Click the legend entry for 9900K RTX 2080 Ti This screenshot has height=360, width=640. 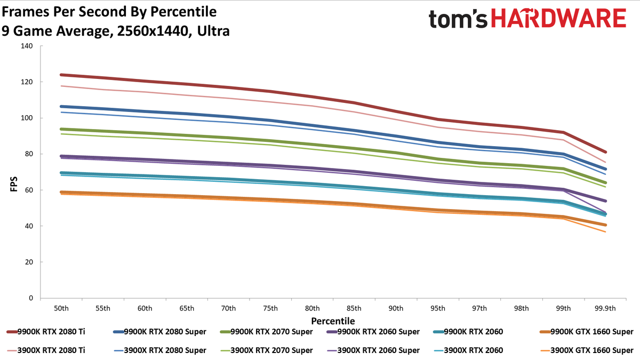coord(46,332)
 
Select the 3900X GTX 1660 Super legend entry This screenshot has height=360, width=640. coord(587,350)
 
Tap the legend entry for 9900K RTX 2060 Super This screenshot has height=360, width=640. coord(373,332)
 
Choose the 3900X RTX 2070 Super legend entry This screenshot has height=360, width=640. coord(266,350)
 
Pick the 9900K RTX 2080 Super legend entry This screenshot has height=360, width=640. coord(159,332)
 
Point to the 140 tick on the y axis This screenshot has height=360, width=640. coord(27,46)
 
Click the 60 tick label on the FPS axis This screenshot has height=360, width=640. coord(29,190)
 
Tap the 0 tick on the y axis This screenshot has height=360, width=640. coord(31,298)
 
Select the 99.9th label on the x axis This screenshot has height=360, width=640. coord(605,308)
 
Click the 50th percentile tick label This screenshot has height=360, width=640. coord(61,308)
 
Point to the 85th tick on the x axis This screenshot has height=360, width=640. coord(354,308)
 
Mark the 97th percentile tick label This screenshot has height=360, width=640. coord(479,308)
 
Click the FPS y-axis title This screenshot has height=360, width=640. coord(14,184)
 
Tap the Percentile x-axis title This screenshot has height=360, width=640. coord(333,321)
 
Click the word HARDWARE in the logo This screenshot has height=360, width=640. coord(558,18)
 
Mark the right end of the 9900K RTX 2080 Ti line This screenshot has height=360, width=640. coord(605,152)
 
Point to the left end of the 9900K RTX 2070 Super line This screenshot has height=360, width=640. coord(61,129)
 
